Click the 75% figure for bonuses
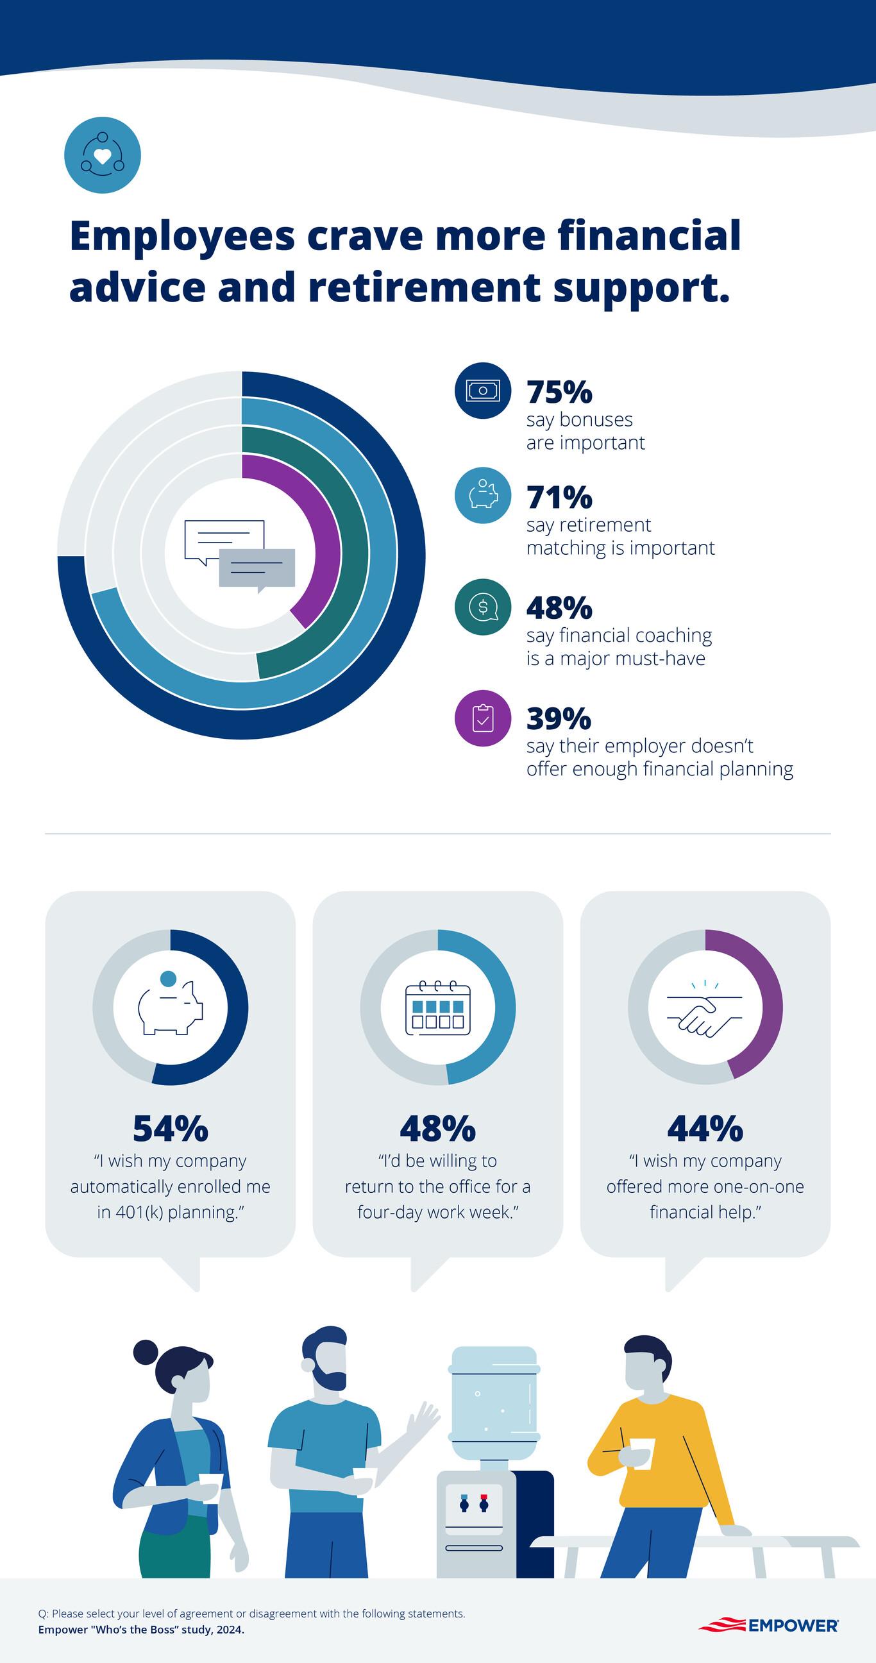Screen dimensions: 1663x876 click(559, 392)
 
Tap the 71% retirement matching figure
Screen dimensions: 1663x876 click(559, 497)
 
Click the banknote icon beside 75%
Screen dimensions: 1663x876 click(483, 391)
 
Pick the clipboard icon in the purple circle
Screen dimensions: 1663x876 click(483, 718)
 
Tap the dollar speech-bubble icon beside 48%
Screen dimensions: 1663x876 click(483, 607)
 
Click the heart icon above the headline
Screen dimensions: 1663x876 click(103, 155)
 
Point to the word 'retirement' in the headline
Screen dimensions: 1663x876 click(424, 287)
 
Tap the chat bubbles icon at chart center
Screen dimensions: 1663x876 click(240, 554)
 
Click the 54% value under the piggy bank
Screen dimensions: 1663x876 click(171, 1129)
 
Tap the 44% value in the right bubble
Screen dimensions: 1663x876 click(705, 1129)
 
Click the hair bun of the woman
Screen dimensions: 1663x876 click(146, 1351)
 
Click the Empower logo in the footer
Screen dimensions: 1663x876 click(769, 1625)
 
